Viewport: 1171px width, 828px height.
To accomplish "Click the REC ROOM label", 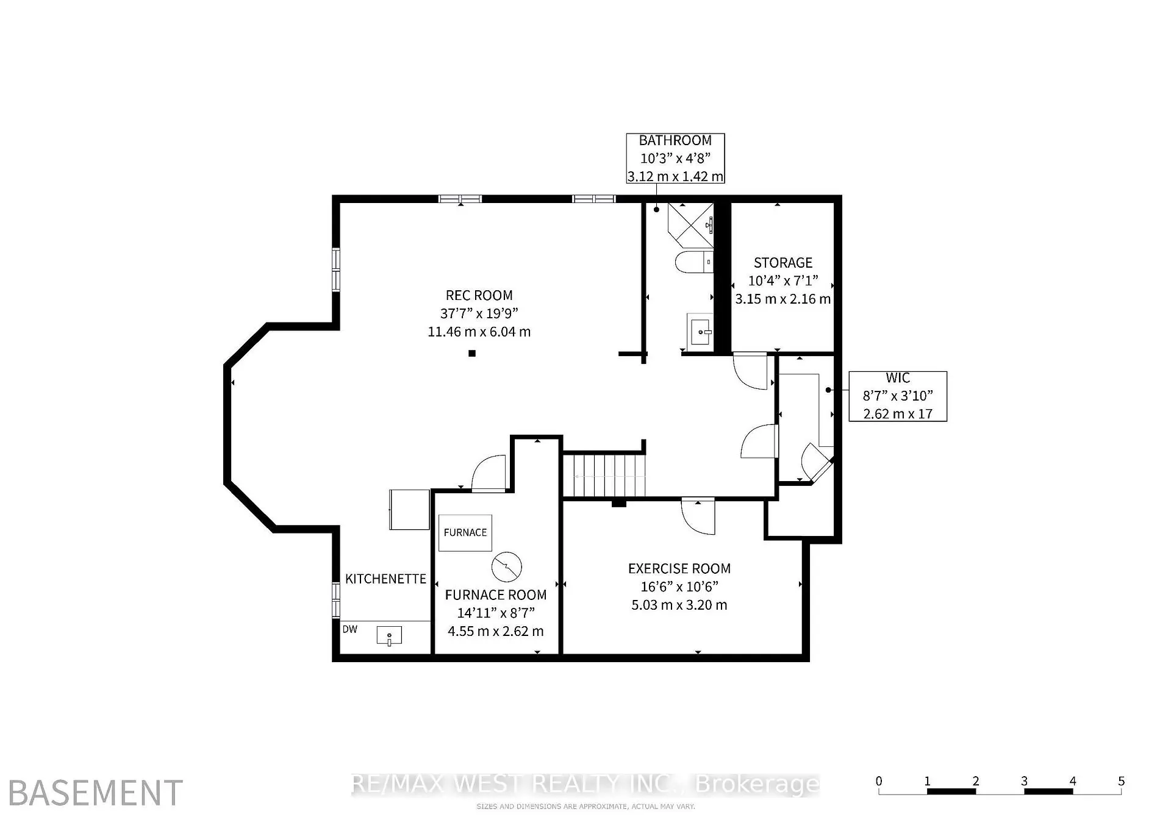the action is click(479, 296).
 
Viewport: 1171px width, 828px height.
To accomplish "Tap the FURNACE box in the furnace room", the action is click(465, 532).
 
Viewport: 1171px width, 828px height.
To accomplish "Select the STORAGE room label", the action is click(783, 263).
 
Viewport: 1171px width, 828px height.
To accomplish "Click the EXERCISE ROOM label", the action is click(679, 569).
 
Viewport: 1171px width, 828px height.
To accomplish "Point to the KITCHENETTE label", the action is click(385, 579).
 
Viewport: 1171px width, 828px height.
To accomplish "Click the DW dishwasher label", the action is click(350, 629).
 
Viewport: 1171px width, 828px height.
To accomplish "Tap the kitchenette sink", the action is click(389, 637).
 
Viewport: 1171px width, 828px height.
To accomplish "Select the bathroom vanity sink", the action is click(700, 332).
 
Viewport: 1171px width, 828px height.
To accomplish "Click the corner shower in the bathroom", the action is click(690, 224).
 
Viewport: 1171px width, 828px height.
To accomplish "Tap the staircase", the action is click(604, 475).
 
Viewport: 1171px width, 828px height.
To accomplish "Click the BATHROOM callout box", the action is click(676, 159).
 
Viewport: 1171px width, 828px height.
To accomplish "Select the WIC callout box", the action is click(898, 396).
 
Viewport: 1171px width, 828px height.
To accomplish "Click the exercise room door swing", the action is click(698, 516).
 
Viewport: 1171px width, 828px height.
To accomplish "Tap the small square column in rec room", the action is click(472, 353).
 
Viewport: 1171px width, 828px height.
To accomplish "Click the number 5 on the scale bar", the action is click(1121, 781).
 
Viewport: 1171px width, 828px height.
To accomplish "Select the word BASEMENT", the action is click(96, 793).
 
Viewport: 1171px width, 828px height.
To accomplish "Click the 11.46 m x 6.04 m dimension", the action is click(479, 332).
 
